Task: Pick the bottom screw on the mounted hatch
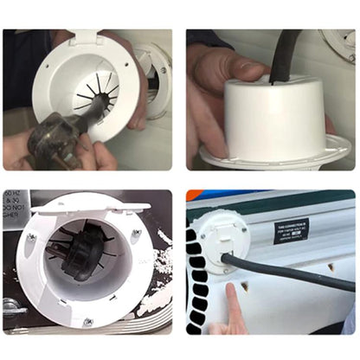pos(87,322)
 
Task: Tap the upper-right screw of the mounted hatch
pos(136,233)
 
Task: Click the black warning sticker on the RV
pos(292,230)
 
